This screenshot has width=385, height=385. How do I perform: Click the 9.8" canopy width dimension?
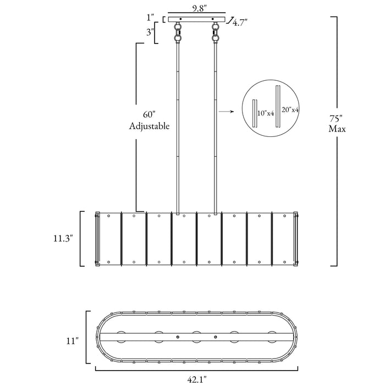pyautogui.click(x=199, y=9)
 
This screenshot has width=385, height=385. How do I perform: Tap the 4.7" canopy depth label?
pyautogui.click(x=240, y=23)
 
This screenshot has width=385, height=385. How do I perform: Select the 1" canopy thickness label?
pyautogui.click(x=151, y=18)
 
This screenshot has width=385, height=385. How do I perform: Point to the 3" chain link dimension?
pyautogui.click(x=150, y=32)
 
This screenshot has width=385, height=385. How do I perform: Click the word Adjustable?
pyautogui.click(x=149, y=126)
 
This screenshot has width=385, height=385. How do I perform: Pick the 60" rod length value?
pyautogui.click(x=150, y=115)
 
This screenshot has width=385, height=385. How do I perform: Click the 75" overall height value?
pyautogui.click(x=336, y=119)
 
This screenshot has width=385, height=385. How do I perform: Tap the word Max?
pyautogui.click(x=337, y=129)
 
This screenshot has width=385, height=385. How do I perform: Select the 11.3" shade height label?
pyautogui.click(x=63, y=238)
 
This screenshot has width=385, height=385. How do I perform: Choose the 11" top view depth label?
pyautogui.click(x=73, y=341)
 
